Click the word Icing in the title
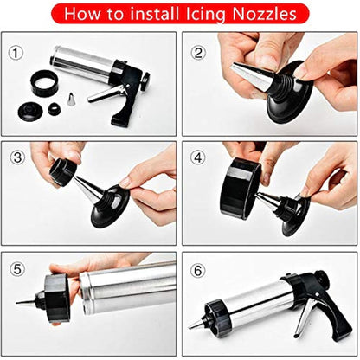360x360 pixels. (206, 14)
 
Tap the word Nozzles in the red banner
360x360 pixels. (264, 13)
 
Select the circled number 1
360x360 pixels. (16, 53)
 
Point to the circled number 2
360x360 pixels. (198, 53)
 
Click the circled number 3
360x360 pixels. (17, 157)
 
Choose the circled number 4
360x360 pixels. (198, 157)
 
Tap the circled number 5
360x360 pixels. (17, 269)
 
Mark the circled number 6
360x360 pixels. (198, 271)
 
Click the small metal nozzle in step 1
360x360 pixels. (71, 100)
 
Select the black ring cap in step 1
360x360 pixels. (42, 82)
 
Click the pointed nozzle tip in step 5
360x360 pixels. (16, 303)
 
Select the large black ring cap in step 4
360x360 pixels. (241, 189)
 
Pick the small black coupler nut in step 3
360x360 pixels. (62, 172)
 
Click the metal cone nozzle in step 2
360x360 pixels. (252, 76)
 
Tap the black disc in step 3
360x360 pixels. (109, 207)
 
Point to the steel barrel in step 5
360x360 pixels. (128, 288)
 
